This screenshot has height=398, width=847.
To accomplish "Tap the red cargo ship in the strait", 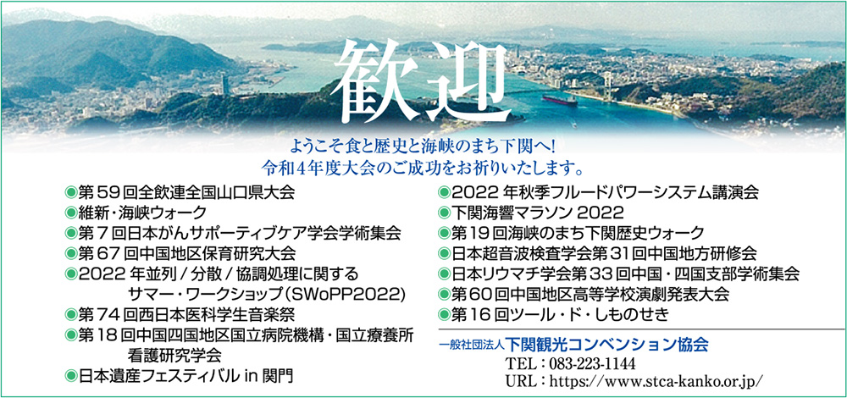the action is click(x=560, y=100).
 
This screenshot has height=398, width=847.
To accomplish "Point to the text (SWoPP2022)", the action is click(x=345, y=294).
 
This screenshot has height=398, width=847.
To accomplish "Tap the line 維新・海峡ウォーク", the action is click(x=142, y=213).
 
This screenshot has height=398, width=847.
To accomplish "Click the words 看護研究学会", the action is click(x=175, y=355).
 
